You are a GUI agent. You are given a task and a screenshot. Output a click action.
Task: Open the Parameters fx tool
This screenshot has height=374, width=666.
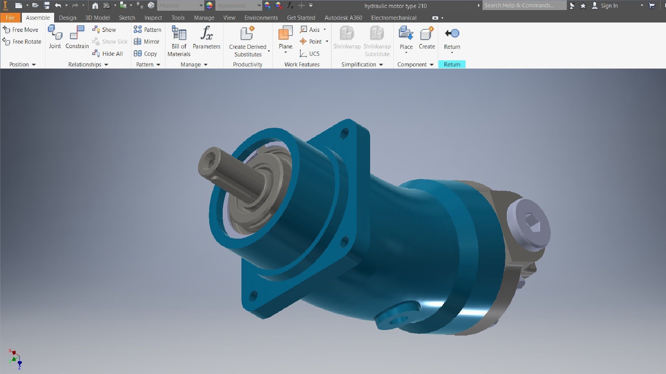tap(206, 37)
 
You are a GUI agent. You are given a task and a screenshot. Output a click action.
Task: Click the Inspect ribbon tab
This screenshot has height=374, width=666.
tap(153, 18)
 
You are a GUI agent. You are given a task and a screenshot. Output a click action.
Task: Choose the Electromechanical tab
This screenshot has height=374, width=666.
tap(394, 18)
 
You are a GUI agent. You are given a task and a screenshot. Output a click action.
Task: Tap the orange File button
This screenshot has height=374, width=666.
tap(10, 18)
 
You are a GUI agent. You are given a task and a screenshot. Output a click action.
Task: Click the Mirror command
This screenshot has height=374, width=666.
tap(147, 42)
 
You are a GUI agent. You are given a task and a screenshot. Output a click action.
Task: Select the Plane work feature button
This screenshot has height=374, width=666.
tap(285, 37)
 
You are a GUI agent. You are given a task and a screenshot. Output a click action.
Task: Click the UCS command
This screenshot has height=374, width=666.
tap(310, 54)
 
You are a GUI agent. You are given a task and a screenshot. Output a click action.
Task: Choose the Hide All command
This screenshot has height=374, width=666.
tap(108, 54)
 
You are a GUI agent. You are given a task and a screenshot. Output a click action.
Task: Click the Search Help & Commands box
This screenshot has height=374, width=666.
tap(524, 6)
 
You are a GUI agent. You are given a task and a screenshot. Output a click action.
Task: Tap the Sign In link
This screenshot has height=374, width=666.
tap(609, 6)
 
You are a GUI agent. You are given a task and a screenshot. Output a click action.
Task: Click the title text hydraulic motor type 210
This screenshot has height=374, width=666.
tap(395, 6)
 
